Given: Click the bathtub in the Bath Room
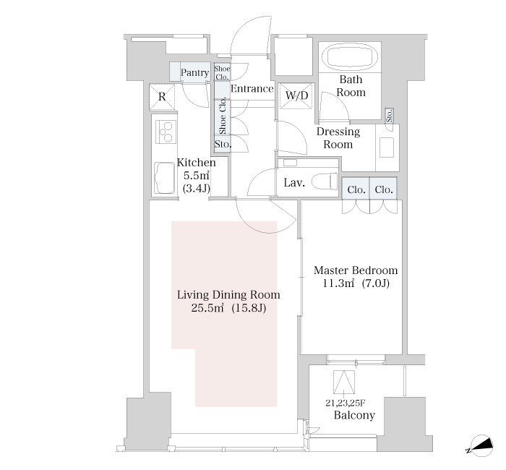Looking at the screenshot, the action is (350, 57).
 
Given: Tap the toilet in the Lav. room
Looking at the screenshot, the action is (325, 181).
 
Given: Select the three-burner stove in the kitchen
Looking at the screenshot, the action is (166, 132).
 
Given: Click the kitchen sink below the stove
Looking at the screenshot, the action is (165, 178).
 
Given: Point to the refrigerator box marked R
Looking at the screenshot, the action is (162, 97).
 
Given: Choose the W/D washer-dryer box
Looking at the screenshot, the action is (296, 96).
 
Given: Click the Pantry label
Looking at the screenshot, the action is (194, 72).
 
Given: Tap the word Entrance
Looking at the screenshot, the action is (252, 88).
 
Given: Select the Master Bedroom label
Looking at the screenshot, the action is (356, 270).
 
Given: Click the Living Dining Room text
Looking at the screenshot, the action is (228, 295).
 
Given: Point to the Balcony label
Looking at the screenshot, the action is (354, 415).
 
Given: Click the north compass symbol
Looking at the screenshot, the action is (481, 446).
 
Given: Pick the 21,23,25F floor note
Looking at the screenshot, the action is (346, 403).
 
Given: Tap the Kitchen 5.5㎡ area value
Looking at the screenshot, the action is (197, 176).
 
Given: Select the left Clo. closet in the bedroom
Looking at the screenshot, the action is (356, 189).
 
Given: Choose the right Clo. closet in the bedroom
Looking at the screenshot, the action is (383, 189).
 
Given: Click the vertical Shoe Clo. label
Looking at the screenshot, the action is (223, 117).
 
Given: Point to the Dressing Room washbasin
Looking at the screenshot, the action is (386, 148).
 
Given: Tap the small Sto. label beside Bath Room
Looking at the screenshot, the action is (389, 116).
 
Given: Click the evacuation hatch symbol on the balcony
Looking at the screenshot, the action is (344, 383).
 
